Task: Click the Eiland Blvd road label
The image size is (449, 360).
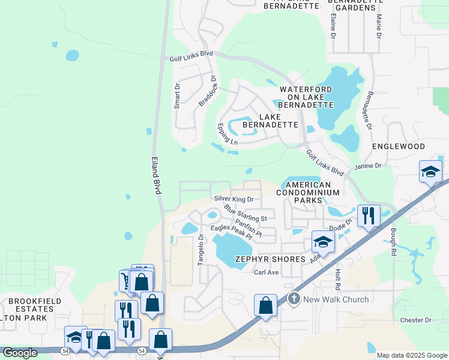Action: click(x=156, y=175)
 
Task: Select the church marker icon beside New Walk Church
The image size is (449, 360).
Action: click(x=294, y=298)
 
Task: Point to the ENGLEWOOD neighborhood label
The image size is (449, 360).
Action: click(x=399, y=146)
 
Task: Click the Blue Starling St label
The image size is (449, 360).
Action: click(x=245, y=214)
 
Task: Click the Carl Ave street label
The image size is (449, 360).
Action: click(x=267, y=272)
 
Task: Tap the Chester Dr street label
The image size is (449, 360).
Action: click(x=416, y=320)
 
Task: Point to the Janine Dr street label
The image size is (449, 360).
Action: click(x=369, y=166)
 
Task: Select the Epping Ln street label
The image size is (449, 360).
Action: click(x=228, y=134)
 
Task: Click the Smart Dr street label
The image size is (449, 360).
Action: click(x=177, y=95)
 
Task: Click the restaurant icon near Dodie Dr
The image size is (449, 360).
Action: click(x=369, y=215)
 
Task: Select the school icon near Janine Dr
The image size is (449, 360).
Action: click(x=430, y=172)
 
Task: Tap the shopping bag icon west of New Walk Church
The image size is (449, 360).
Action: click(x=265, y=305)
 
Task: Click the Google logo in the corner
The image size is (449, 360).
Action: click(x=20, y=353)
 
